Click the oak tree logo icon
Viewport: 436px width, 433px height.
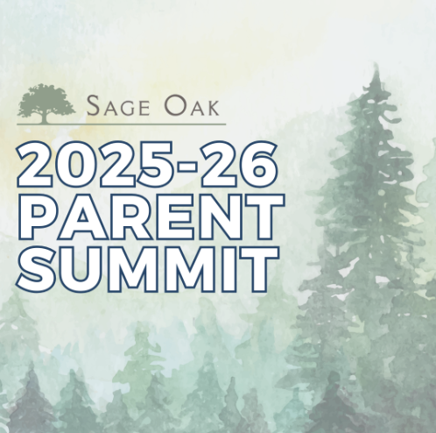(46, 103)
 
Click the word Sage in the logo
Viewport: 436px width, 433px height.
(118, 105)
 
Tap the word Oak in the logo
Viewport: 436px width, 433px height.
(192, 105)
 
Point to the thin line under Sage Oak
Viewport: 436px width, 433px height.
(121, 124)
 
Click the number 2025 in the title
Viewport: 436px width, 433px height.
(92, 164)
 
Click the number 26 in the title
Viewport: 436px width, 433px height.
(239, 164)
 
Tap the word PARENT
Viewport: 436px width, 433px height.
(151, 217)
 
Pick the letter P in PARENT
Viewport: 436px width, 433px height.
(38, 217)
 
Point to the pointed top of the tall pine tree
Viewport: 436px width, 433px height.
(376, 63)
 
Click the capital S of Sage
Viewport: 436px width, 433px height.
(93, 105)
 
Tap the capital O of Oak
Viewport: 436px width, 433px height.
(174, 105)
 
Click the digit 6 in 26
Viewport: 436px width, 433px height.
(257, 164)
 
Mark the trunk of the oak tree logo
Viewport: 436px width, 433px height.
(44, 117)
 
